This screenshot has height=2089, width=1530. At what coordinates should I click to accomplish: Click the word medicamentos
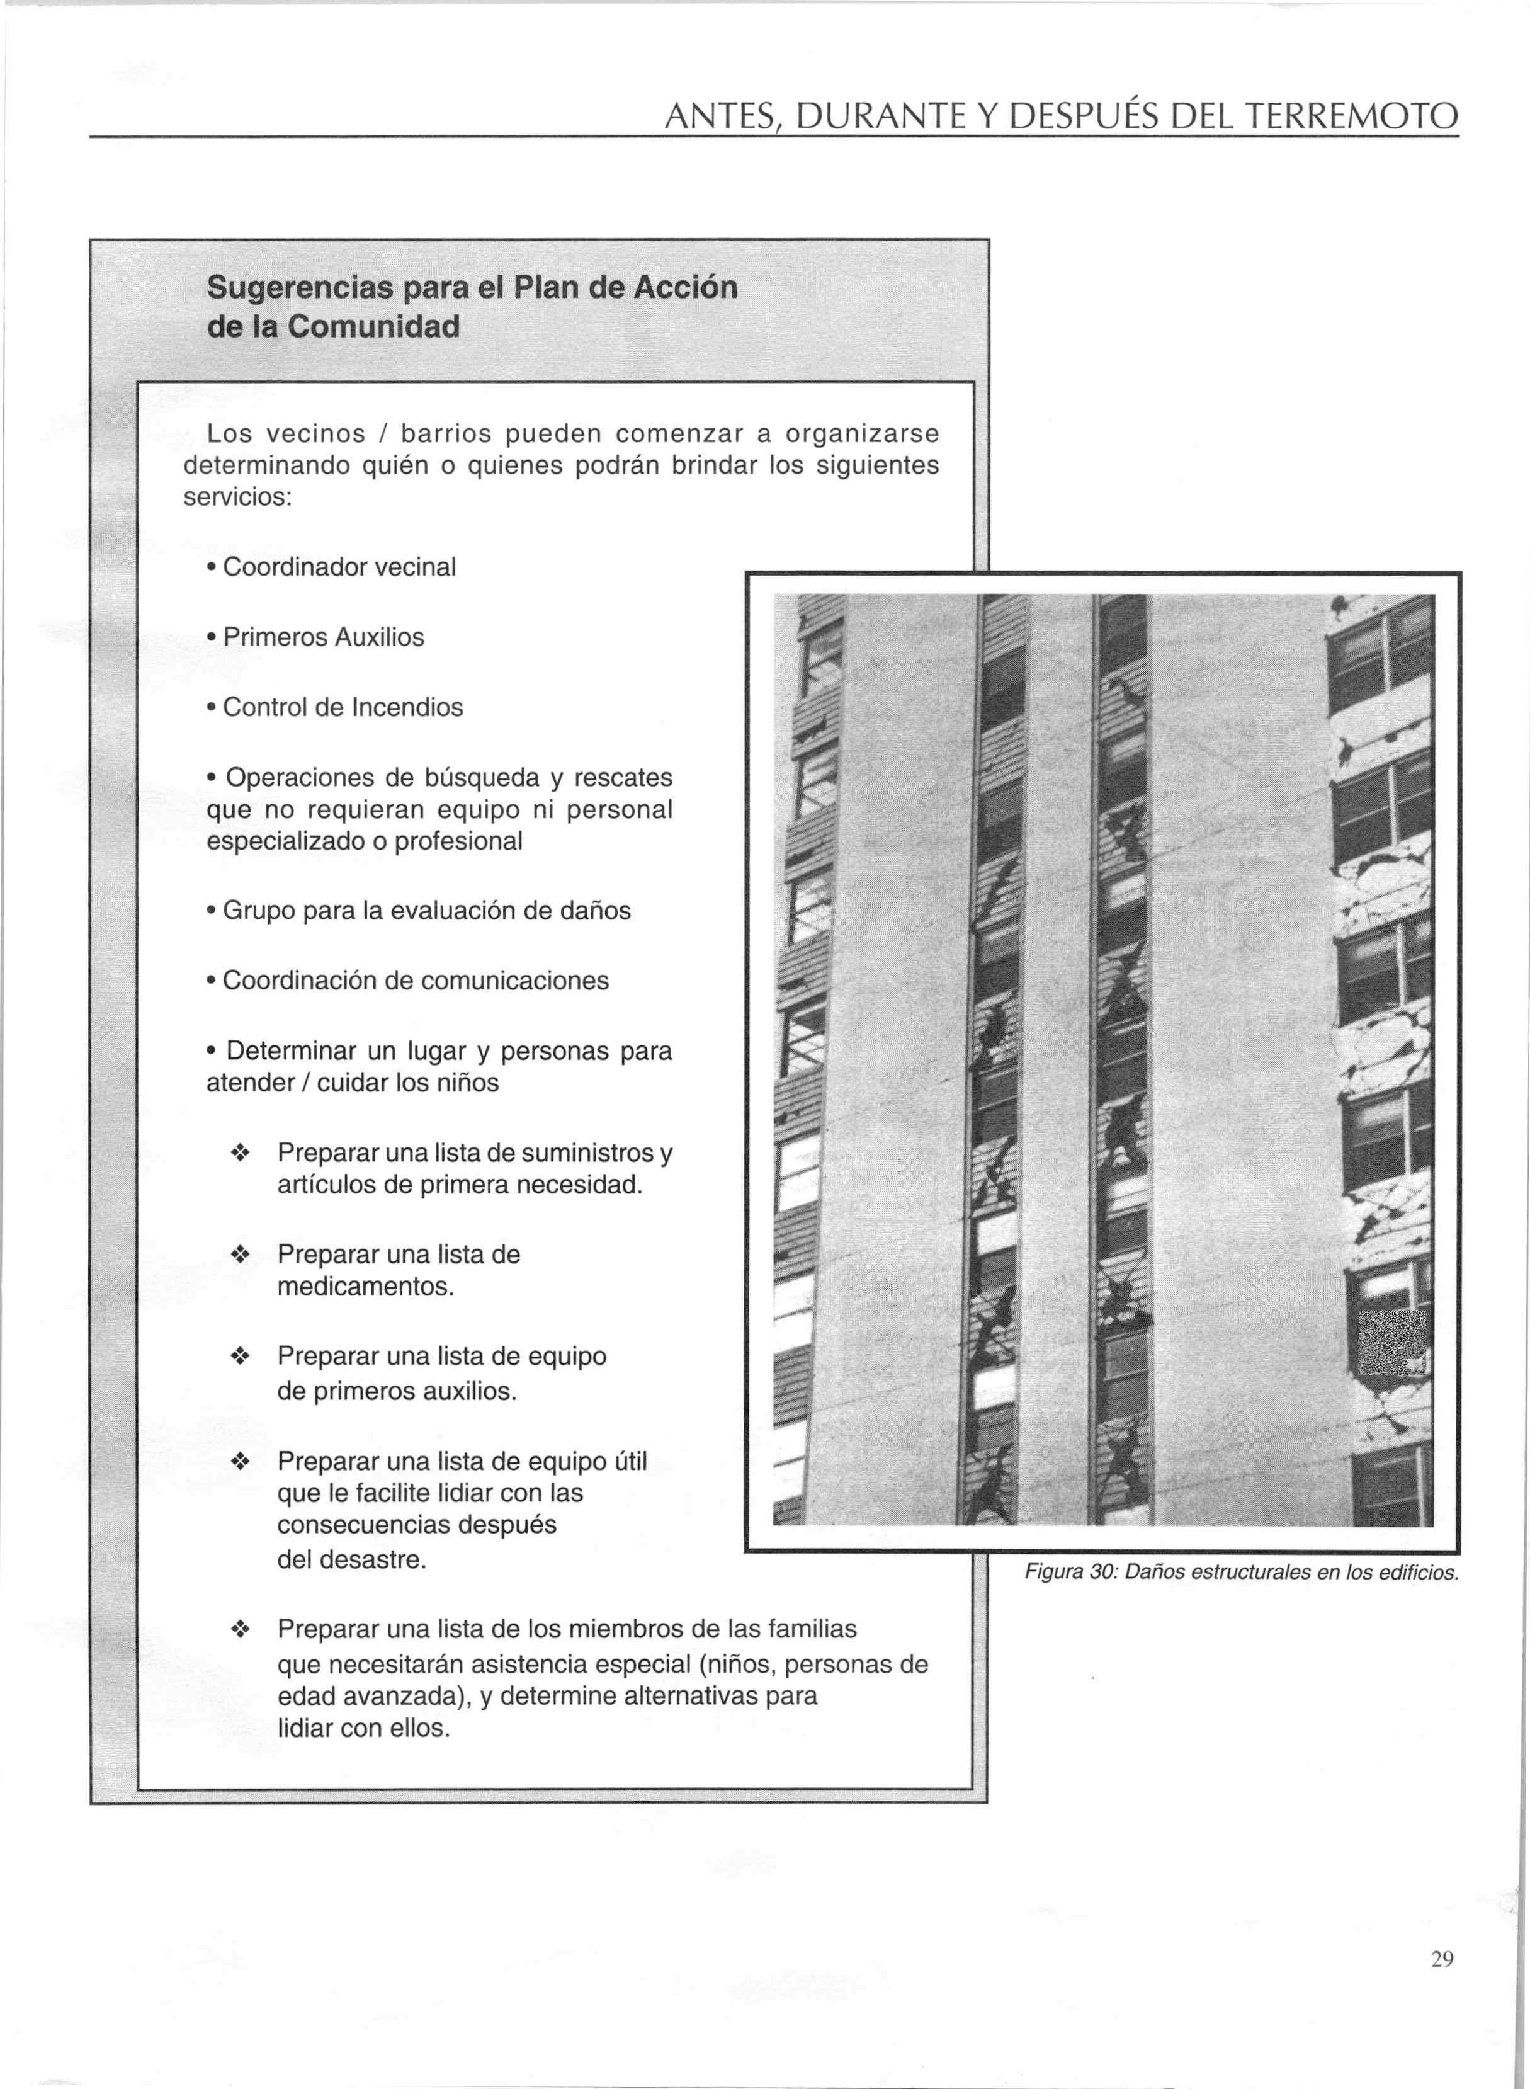tap(366, 1287)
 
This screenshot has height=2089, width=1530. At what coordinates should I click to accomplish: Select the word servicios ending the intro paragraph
tap(237, 498)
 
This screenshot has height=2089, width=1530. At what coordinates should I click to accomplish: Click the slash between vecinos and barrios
tap(384, 433)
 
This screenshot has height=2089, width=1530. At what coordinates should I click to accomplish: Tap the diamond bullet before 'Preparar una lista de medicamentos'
tap(240, 1255)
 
